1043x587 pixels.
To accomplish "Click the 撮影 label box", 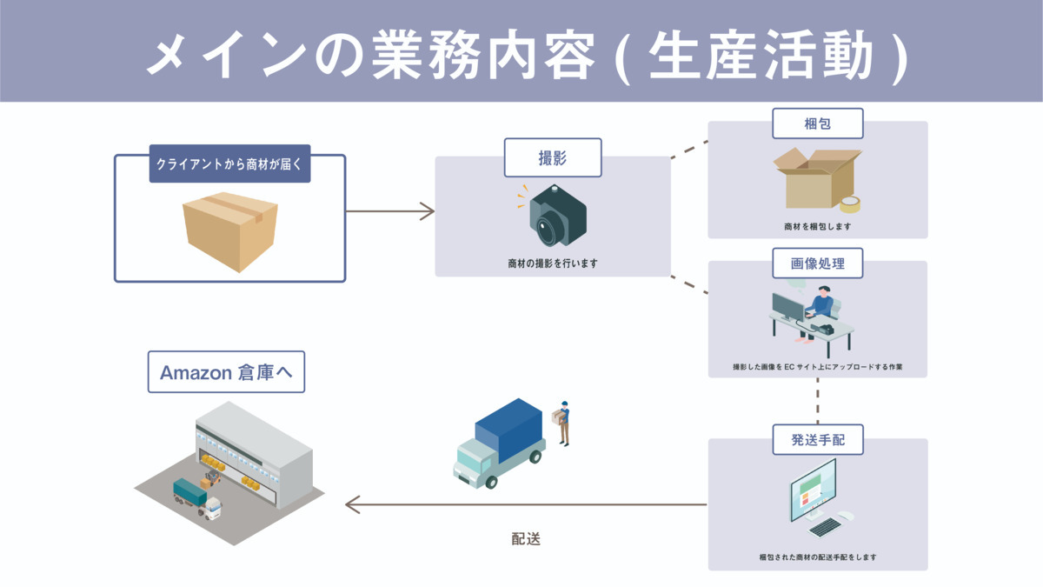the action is tap(553, 157).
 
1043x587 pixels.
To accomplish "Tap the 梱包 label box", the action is tap(818, 123).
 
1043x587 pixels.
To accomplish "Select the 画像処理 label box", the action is tap(818, 263).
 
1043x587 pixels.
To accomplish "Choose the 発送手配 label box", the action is tap(818, 439).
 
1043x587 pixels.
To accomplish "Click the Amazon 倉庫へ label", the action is tap(226, 372).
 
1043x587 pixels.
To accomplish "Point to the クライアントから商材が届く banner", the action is tap(229, 163).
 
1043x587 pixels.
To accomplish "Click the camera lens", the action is tap(545, 228).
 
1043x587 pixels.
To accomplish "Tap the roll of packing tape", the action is tap(850, 204).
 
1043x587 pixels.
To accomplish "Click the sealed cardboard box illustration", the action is tap(230, 231).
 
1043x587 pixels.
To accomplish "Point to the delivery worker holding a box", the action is tap(562, 423).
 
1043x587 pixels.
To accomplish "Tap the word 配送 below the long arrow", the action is tap(526, 539).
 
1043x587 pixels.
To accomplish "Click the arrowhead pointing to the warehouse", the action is tap(353, 504).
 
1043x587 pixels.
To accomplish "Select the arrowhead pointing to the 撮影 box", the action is tap(428, 211).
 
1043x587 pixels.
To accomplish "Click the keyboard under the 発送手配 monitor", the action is tap(825, 527).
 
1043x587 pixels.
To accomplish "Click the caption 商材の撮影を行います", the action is tap(553, 263).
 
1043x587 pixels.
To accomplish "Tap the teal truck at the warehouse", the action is tap(197, 498).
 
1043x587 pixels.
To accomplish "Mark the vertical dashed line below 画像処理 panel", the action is tap(818, 401).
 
